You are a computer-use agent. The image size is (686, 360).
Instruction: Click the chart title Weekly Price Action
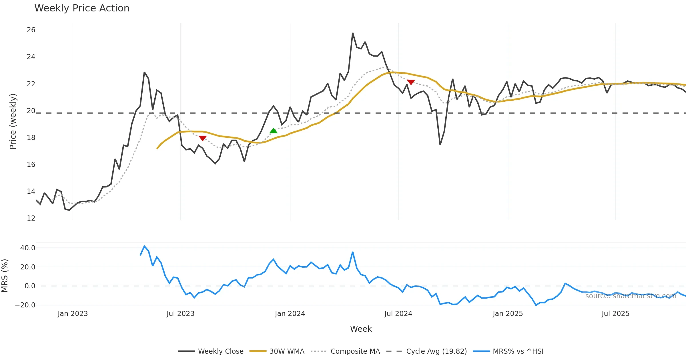(82, 8)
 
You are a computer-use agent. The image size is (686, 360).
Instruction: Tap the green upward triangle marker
(274, 131)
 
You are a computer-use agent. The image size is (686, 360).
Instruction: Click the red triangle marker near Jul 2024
(411, 82)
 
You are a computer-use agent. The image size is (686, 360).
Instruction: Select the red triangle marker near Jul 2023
(202, 138)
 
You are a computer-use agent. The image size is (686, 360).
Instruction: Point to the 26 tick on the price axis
(31, 30)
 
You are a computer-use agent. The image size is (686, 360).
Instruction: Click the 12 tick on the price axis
(31, 218)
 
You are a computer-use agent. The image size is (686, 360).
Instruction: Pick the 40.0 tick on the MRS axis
(28, 248)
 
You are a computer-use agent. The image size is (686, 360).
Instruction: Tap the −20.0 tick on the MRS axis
(25, 305)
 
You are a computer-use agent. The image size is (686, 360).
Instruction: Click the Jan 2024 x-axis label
(290, 314)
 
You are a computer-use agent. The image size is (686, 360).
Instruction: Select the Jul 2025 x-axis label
(615, 314)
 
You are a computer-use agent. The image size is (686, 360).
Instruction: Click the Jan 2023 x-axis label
(73, 314)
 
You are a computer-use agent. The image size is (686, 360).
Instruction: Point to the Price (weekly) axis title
(13, 121)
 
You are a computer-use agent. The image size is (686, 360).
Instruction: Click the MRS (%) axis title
(5, 276)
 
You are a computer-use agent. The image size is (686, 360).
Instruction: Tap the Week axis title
(361, 329)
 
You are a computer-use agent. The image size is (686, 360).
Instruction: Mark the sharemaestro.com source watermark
(631, 296)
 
